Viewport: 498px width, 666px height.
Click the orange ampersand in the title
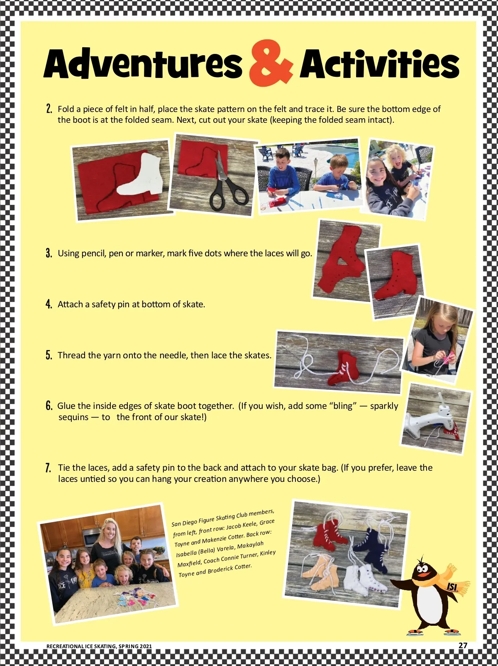270,63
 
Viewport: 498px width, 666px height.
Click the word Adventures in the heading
143,64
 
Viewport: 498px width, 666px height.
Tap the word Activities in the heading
379,64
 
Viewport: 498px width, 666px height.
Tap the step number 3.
49,253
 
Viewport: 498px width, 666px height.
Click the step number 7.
49,467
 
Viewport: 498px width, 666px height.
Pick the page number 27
463,645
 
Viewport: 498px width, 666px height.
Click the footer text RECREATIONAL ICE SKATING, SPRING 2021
99,646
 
